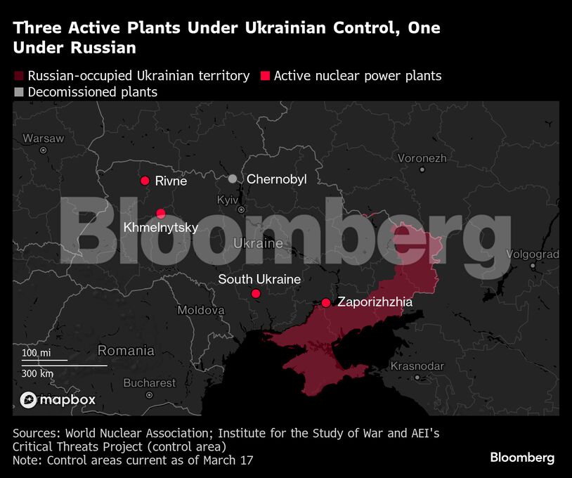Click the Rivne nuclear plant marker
[145, 181]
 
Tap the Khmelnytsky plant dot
[161, 214]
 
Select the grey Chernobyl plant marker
[233, 179]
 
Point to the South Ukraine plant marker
[256, 293]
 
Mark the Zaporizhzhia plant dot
[326, 303]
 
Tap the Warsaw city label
[43, 138]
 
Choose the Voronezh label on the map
[422, 158]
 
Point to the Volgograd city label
[532, 254]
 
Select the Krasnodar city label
[417, 366]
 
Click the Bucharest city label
[149, 383]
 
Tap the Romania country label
[126, 350]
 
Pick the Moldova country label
[201, 310]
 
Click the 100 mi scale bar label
[36, 352]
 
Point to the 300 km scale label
[37, 373]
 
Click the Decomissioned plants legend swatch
[18, 92]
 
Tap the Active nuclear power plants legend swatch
[265, 76]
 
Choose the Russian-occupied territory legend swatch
[18, 76]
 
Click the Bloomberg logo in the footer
[522, 458]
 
